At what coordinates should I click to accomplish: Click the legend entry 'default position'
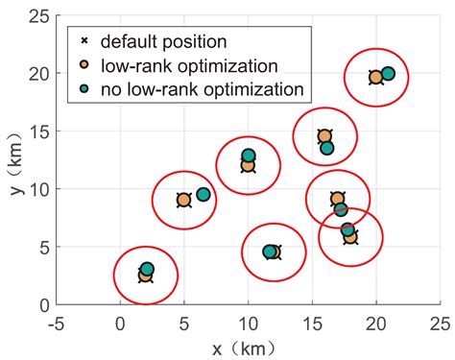coord(163,41)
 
